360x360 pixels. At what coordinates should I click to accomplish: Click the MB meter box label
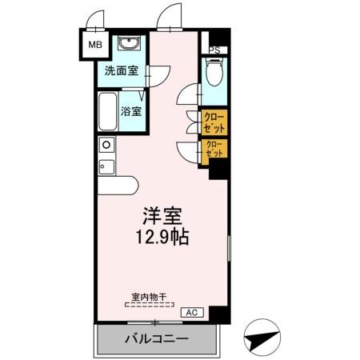(x=94, y=45)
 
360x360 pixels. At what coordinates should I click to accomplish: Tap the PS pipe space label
(x=214, y=50)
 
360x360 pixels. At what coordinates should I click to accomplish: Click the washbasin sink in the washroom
(x=128, y=43)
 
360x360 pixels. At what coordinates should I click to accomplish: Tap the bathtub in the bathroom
(x=106, y=113)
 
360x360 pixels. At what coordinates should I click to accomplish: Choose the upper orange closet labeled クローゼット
(x=214, y=122)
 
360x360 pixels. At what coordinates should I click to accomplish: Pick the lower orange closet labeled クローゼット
(x=214, y=150)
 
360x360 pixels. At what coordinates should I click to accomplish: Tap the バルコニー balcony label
(x=156, y=339)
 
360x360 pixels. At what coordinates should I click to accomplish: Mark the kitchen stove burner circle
(x=105, y=145)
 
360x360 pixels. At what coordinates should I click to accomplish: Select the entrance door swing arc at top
(x=169, y=16)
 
